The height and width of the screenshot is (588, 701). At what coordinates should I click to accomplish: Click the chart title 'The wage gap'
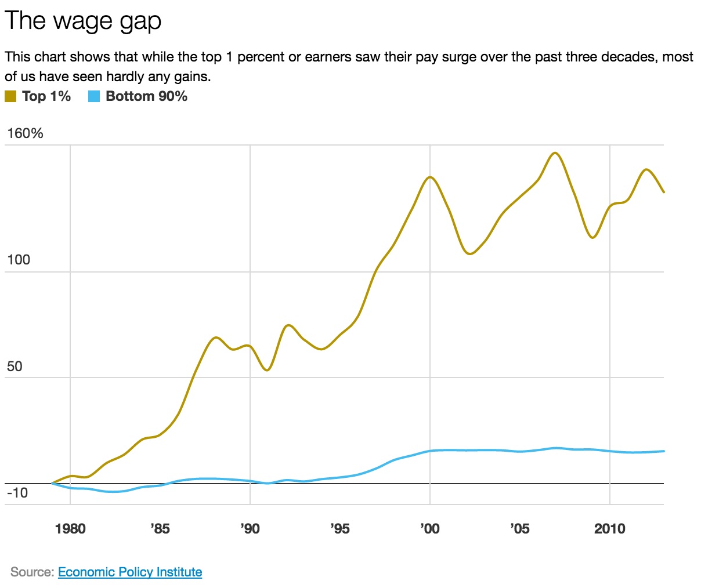83,21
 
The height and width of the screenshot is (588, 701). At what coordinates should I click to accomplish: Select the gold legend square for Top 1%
10,97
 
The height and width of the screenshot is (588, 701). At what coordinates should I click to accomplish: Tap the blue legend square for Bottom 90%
94,97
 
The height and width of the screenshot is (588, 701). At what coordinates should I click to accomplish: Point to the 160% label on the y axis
25,134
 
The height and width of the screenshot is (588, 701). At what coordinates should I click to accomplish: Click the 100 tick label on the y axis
19,260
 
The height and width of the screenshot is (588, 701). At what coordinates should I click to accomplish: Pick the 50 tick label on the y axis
15,366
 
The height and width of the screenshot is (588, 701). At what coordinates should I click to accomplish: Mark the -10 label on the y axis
17,493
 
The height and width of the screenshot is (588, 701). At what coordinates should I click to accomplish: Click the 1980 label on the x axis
70,529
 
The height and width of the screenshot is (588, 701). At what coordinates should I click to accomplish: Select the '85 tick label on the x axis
160,529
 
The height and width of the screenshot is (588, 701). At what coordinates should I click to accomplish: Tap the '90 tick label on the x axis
250,529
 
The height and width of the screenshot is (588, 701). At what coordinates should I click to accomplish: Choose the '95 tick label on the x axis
339,529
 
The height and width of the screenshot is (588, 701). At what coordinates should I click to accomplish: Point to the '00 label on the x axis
429,529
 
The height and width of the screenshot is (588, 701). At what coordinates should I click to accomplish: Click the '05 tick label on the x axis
519,529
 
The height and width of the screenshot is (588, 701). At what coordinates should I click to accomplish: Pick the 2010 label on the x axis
610,529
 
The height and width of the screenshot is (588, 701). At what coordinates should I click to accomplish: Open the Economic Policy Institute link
130,572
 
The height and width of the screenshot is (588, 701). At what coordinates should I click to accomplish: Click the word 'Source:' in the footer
32,572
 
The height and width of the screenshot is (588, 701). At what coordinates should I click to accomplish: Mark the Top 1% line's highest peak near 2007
555,153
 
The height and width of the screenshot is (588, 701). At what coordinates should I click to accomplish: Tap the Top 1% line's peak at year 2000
430,177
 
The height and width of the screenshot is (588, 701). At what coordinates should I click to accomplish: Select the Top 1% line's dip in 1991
267,370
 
